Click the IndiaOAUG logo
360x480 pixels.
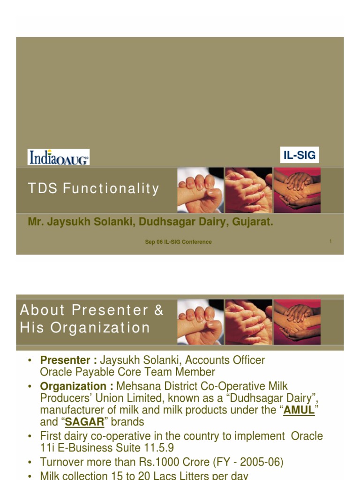coord(59,157)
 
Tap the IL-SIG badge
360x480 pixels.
coord(300,155)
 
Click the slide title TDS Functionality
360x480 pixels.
coord(94,189)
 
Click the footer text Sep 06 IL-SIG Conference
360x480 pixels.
coord(178,242)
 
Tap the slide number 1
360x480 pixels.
coord(330,241)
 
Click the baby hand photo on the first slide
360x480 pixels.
coord(200,190)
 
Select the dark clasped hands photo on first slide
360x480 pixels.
coord(297,190)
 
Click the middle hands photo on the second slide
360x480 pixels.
coord(248,322)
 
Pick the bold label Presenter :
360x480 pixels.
coord(68,360)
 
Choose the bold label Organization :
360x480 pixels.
coord(77,387)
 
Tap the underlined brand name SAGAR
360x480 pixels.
coord(84,422)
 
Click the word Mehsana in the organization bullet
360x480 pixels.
coord(136,387)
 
